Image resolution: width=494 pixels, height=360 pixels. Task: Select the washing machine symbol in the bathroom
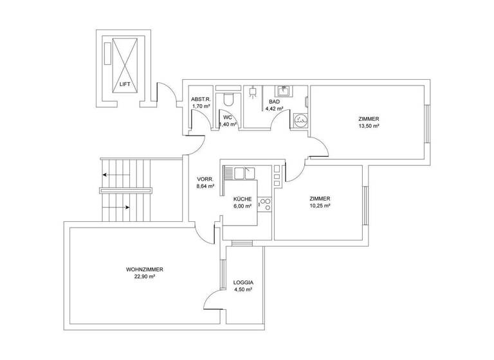(x=300, y=120)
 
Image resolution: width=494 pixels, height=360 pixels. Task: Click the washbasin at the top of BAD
(x=282, y=91)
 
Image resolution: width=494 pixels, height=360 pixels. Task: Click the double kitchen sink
(x=244, y=172)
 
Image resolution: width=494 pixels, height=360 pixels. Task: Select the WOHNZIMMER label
(x=144, y=269)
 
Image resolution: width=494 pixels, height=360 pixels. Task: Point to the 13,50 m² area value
(x=369, y=127)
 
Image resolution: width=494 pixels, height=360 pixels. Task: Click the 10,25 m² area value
(x=320, y=206)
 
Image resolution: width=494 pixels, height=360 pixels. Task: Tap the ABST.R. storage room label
(x=201, y=99)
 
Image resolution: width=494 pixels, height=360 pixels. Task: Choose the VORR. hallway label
(x=205, y=179)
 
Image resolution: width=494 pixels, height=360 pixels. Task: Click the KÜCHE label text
(x=242, y=199)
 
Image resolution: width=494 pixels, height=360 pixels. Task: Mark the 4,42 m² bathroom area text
(x=275, y=109)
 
